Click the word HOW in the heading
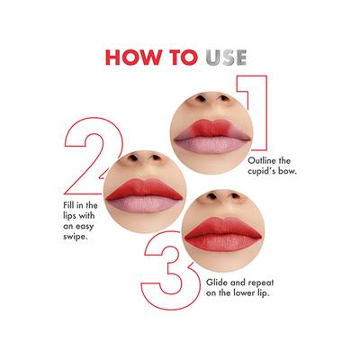(132, 58)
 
